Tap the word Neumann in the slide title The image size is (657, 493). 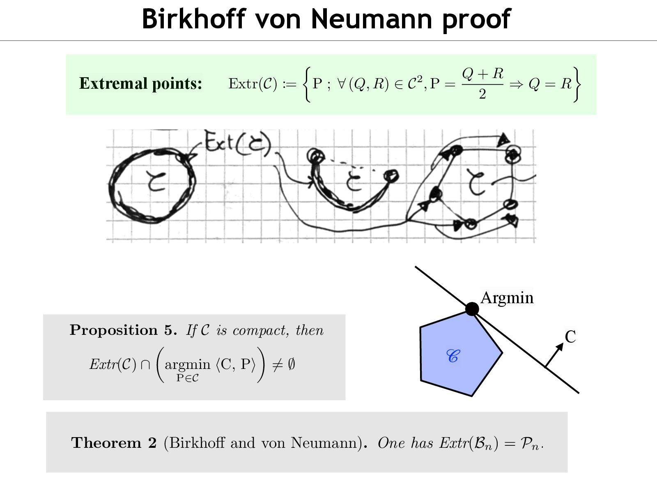tap(372, 19)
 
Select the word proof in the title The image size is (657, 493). tap(476, 20)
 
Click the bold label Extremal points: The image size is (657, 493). tap(140, 83)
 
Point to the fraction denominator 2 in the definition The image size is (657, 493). tap(482, 94)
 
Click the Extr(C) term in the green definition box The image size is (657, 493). tap(253, 83)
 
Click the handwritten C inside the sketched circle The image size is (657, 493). tap(156, 181)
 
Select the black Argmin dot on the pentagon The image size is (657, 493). tap(472, 309)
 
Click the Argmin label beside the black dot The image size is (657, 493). tap(507, 297)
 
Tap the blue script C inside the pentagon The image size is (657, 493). tap(453, 356)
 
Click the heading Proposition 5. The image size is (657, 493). tap(123, 330)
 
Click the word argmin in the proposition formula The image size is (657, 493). tap(187, 364)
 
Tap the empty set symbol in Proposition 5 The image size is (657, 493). tap(291, 364)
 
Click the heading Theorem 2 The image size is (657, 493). tap(114, 442)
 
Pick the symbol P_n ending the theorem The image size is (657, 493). tap(530, 443)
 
